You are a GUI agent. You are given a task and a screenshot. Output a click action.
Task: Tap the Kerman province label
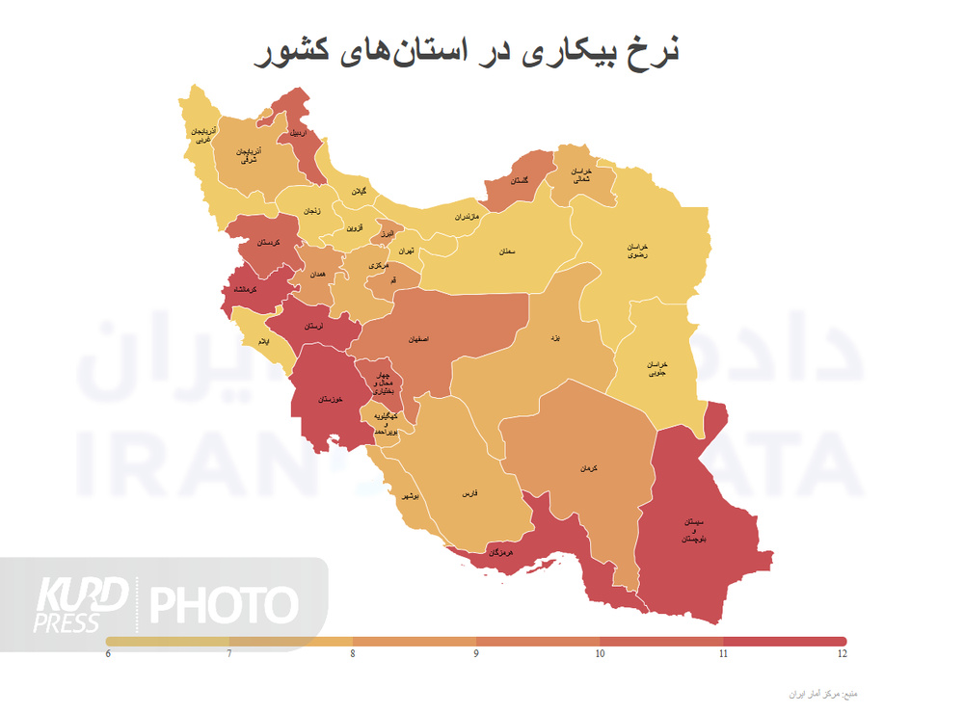click(589, 467)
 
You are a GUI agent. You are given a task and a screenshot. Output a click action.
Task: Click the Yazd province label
click(553, 339)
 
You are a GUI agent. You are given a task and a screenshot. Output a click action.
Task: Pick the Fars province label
click(470, 493)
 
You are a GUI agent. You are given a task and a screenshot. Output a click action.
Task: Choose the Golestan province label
click(518, 181)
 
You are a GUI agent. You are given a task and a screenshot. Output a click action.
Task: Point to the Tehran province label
click(405, 251)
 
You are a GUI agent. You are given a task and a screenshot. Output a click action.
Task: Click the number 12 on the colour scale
click(842, 654)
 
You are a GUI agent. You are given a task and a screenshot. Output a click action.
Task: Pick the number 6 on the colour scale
click(108, 654)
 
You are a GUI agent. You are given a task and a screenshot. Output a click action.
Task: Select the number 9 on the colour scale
click(476, 654)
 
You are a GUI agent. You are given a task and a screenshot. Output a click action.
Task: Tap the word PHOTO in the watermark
click(224, 604)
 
